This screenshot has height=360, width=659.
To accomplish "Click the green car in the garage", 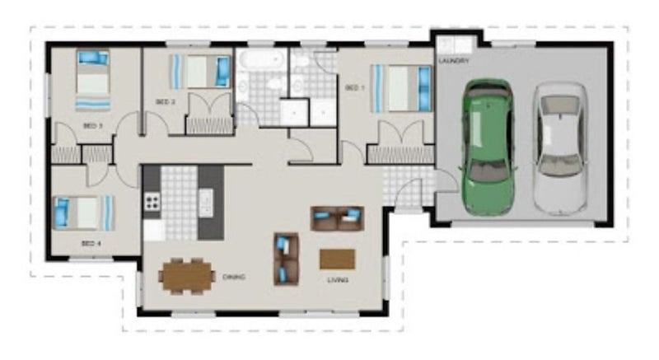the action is click(x=488, y=147).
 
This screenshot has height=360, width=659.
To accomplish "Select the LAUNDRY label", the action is click(x=454, y=61).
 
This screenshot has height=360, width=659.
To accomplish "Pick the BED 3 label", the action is click(x=93, y=125).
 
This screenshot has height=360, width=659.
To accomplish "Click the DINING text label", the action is click(x=234, y=277).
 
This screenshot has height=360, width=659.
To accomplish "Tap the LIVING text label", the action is click(x=338, y=280).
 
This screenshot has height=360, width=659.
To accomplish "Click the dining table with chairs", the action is click(x=187, y=276).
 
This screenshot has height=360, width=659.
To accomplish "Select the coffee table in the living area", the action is click(x=338, y=259).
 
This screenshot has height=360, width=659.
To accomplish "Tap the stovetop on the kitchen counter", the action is click(x=152, y=202).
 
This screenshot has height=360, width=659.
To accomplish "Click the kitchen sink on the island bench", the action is click(x=206, y=203).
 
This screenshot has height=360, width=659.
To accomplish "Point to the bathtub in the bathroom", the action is click(x=261, y=59).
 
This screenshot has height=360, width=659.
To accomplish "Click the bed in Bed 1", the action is click(x=401, y=88).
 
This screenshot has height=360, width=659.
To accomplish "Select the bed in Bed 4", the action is click(x=84, y=213).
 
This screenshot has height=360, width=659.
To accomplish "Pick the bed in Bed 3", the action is click(x=93, y=80).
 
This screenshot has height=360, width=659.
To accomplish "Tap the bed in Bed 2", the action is click(x=201, y=72).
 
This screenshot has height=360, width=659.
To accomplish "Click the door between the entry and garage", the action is click(x=446, y=180).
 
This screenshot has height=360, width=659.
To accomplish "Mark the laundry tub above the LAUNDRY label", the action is click(x=456, y=45).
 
